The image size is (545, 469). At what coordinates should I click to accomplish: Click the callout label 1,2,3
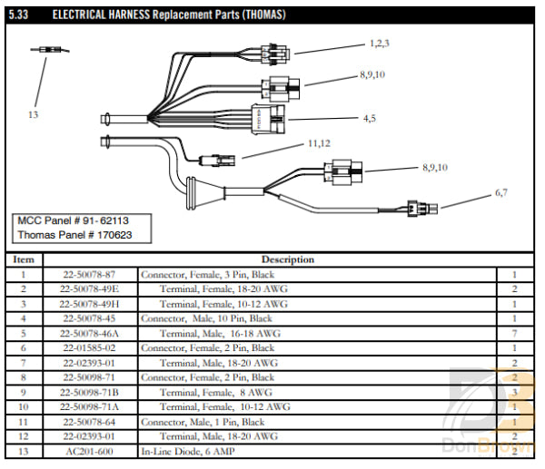point(379,44)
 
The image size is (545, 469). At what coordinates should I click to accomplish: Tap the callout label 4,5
point(370,118)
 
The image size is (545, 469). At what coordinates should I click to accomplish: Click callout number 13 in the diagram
point(34,114)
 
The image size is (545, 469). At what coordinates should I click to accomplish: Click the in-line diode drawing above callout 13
point(45,52)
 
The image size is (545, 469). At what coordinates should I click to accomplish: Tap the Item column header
point(24,259)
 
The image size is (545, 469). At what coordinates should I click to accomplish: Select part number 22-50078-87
point(89,274)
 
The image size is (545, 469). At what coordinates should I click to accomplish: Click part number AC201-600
point(88,451)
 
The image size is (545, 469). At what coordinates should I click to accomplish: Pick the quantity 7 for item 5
point(513,333)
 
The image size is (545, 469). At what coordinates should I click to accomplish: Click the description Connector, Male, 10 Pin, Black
point(206,318)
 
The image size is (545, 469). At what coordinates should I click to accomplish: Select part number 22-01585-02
point(89,347)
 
